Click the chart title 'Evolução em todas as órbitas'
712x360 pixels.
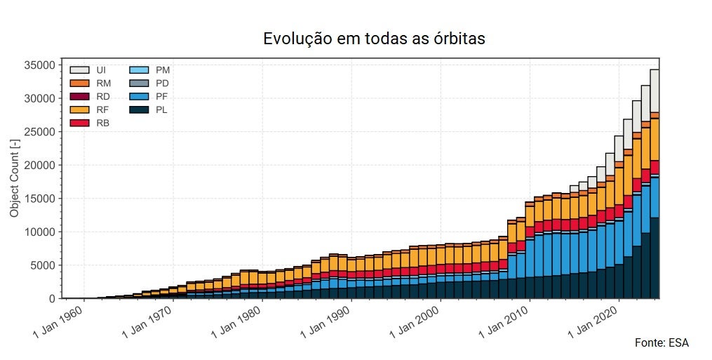click(x=374, y=39)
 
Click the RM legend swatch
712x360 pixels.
click(x=79, y=84)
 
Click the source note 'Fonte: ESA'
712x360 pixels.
click(x=661, y=343)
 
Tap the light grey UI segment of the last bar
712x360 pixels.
click(x=654, y=91)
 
